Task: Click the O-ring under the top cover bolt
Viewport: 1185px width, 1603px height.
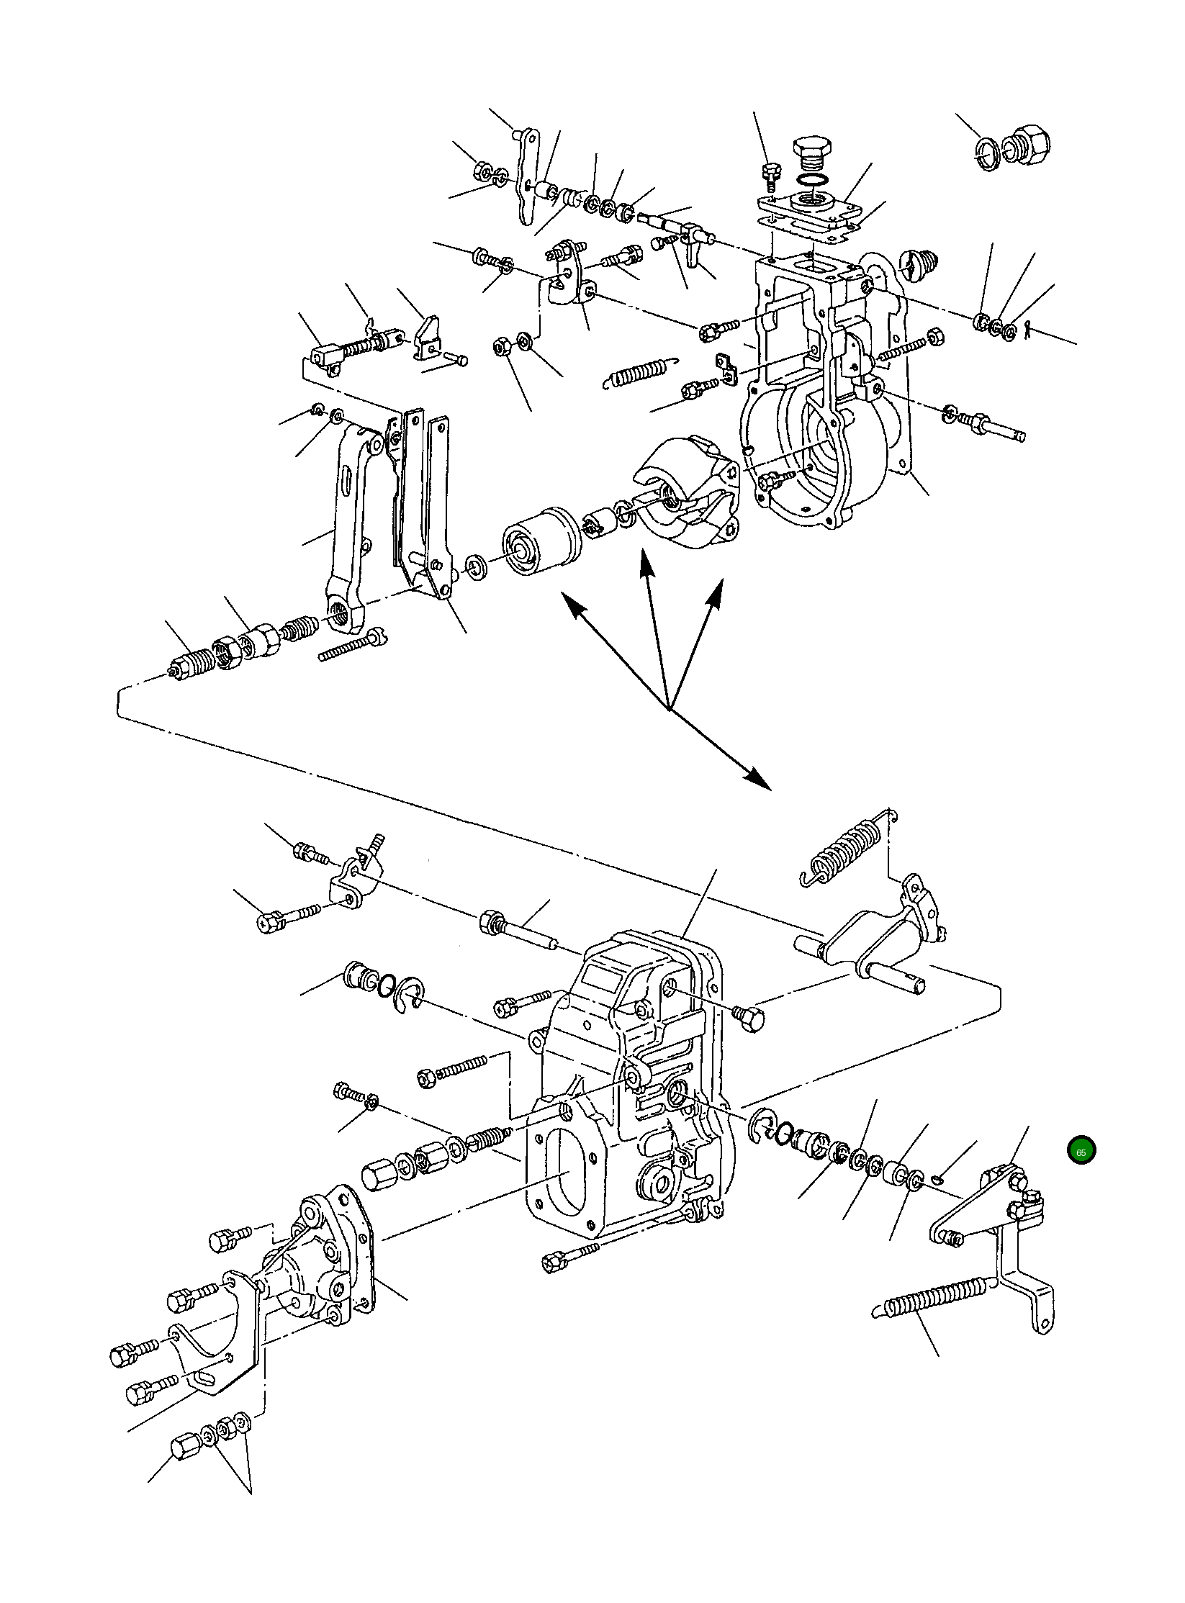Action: (812, 180)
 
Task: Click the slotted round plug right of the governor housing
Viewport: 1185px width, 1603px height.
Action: (916, 264)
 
